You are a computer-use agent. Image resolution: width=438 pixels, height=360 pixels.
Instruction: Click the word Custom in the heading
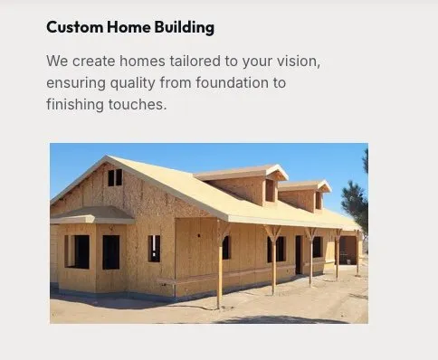coord(70,27)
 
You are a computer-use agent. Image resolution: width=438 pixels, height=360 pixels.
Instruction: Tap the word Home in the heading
coord(116,27)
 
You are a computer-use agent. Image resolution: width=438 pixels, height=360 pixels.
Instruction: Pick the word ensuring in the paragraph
coord(76,83)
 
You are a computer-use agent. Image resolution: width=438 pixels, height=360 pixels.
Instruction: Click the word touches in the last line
coord(143,104)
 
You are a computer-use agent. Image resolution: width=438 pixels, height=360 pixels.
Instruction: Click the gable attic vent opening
coord(115,178)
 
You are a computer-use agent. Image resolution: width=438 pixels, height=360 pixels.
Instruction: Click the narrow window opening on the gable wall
coord(154,248)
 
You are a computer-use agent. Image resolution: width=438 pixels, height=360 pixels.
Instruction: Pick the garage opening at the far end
coord(348,249)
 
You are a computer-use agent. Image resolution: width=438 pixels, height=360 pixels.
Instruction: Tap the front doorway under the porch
coord(298,254)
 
